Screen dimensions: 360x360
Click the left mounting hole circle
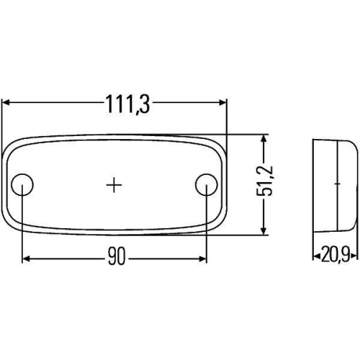click(x=24, y=185)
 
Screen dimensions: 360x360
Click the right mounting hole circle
click(x=206, y=185)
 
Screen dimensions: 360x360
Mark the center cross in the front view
click(x=114, y=185)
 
